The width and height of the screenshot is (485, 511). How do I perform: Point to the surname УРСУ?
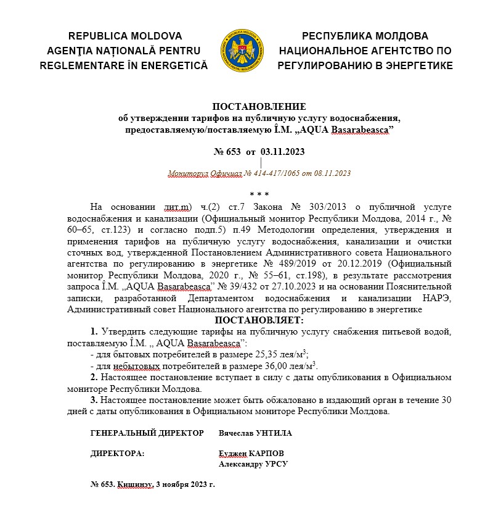coord(275,464)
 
